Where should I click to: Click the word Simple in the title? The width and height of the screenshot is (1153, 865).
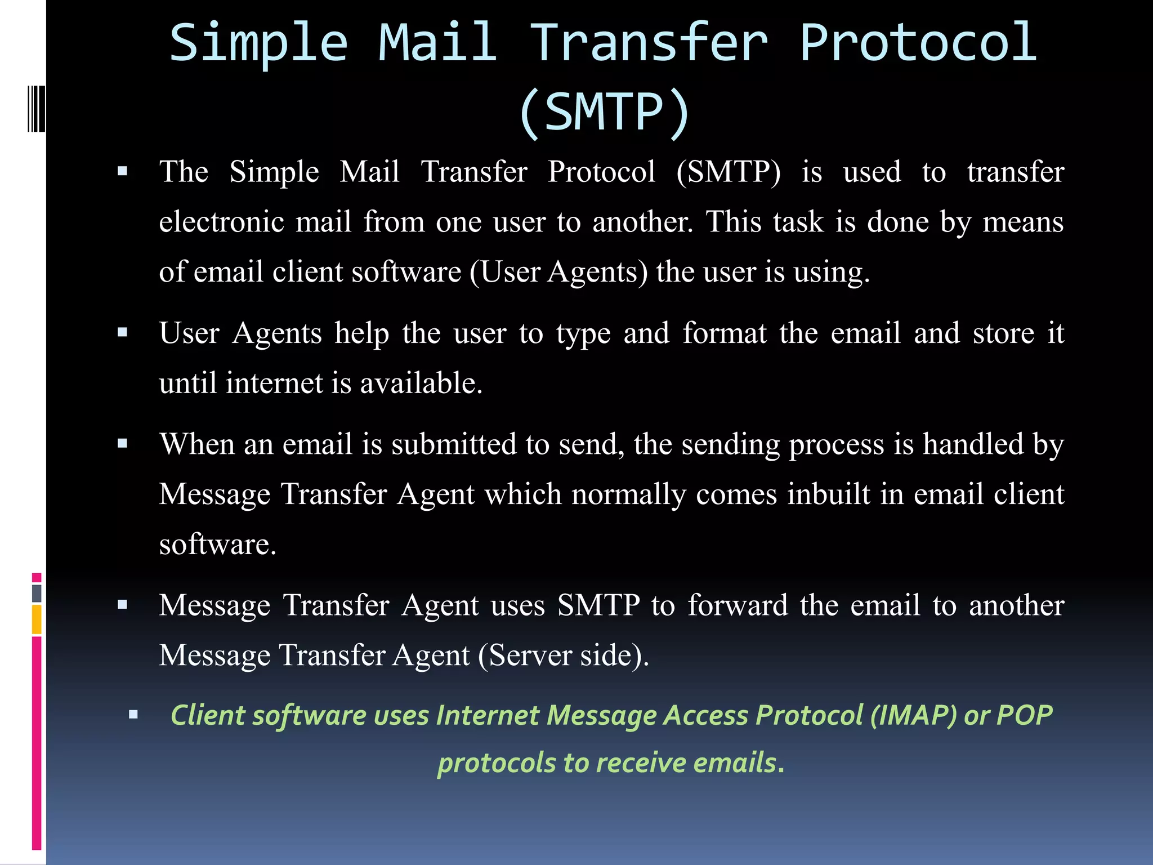259,44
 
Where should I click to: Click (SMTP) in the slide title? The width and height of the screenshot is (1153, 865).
604,113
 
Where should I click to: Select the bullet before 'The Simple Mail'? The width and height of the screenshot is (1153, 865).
123,171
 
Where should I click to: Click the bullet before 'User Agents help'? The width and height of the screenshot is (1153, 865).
123,332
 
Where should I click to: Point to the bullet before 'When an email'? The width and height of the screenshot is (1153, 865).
123,444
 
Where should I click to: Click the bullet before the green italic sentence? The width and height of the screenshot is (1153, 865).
133,715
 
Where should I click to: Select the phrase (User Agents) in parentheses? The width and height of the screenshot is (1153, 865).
558,271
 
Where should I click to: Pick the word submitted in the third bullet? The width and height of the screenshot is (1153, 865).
454,444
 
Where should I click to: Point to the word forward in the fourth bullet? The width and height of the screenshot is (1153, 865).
738,605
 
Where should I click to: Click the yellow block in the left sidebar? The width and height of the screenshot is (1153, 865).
37,619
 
